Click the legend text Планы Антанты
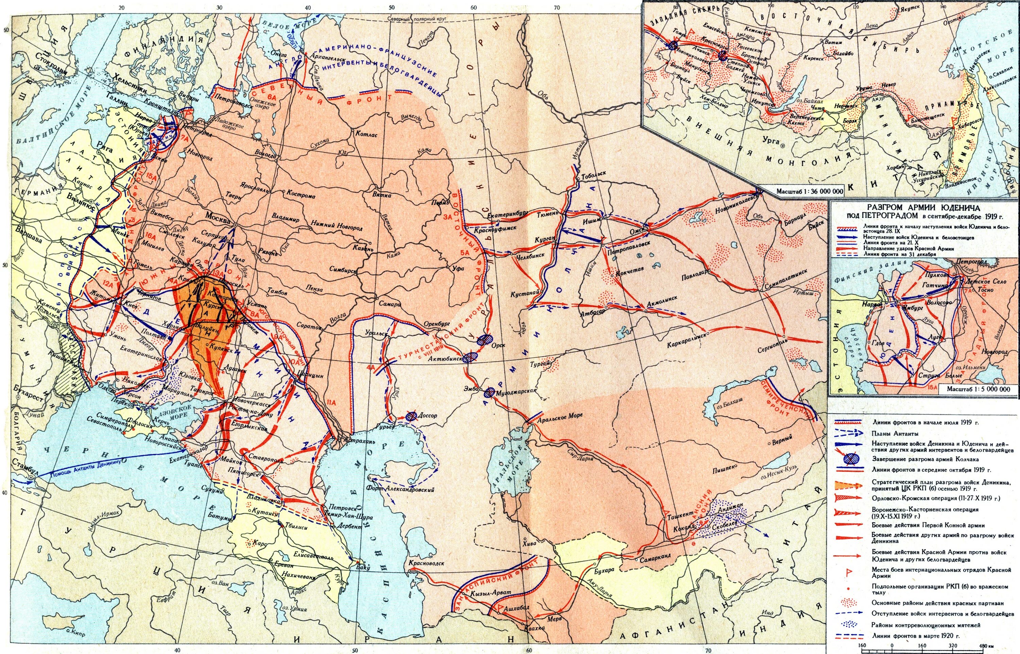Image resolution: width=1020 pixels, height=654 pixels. (x=892, y=434)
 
